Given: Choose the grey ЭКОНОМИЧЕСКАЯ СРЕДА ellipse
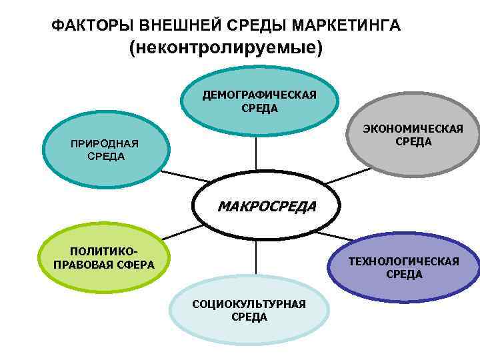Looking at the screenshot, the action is pos(413,140).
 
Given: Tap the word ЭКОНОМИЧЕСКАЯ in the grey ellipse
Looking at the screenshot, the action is pos(413,129).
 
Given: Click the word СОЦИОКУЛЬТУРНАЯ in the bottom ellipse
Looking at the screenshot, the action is pos(249,304).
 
